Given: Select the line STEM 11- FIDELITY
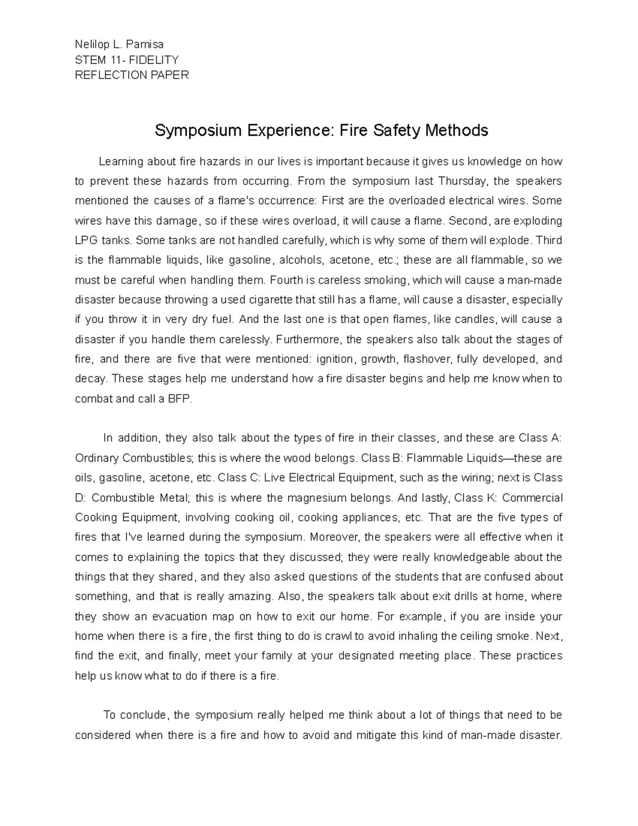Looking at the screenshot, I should pos(127,60).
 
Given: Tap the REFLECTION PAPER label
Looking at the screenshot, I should pos(132,75).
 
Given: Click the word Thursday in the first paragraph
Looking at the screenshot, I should pos(463,181).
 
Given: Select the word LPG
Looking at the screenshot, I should pos(87,240).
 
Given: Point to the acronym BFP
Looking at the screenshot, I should pos(179,399).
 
